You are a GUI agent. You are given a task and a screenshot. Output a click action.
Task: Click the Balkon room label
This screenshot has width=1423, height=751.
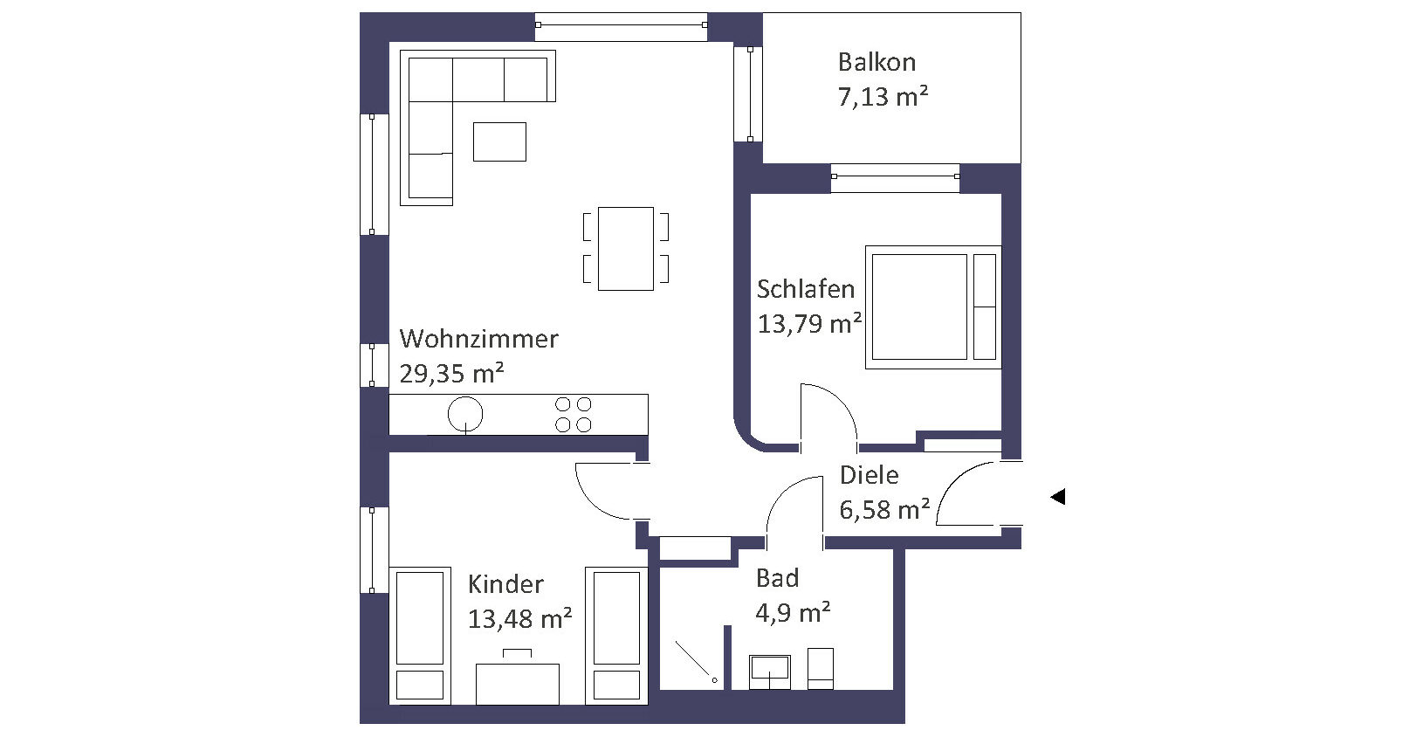pyautogui.click(x=876, y=62)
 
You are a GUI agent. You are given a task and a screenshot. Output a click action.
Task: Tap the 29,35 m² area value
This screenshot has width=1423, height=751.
pyautogui.click(x=451, y=373)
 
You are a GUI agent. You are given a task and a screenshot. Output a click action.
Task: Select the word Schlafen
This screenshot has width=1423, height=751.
pyautogui.click(x=806, y=289)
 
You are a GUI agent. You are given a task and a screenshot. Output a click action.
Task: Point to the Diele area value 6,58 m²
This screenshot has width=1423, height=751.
pyautogui.click(x=884, y=510)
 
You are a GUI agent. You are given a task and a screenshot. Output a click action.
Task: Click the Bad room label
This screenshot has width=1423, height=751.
pyautogui.click(x=778, y=578)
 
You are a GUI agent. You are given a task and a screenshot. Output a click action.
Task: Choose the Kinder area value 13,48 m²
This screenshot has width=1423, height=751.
pyautogui.click(x=519, y=619)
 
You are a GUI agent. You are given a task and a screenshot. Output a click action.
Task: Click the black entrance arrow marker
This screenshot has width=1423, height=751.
pyautogui.click(x=1058, y=496)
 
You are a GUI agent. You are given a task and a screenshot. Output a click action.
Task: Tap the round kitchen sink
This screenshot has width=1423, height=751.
pyautogui.click(x=465, y=414)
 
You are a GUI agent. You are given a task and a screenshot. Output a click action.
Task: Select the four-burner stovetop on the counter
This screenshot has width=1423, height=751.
pyautogui.click(x=573, y=414)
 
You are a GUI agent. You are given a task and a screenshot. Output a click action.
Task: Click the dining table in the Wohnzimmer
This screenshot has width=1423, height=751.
pyautogui.click(x=626, y=248)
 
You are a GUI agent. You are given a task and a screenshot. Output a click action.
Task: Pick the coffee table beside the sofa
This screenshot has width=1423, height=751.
pyautogui.click(x=499, y=141)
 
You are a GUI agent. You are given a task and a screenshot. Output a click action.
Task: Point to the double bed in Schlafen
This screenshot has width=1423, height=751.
pyautogui.click(x=933, y=307)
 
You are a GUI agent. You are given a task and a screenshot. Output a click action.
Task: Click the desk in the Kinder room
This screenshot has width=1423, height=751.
pyautogui.click(x=517, y=684)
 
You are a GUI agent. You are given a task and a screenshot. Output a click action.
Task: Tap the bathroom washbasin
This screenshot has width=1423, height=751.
pyautogui.click(x=770, y=672)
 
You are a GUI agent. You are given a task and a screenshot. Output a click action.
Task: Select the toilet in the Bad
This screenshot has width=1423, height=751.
pyautogui.click(x=820, y=668)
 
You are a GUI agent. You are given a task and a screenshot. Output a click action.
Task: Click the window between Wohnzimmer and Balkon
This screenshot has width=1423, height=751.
pyautogui.click(x=750, y=93)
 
